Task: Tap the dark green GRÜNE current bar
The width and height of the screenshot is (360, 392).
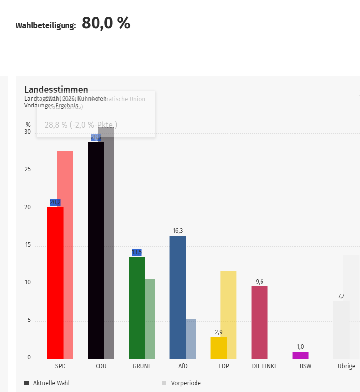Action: click(136, 308)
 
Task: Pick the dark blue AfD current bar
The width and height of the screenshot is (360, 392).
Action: click(177, 297)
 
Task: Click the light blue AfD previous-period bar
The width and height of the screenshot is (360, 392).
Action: click(191, 339)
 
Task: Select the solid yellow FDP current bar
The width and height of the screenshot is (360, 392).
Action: click(218, 348)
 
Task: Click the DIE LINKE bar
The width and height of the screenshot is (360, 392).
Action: click(259, 322)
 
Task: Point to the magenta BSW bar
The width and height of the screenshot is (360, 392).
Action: click(300, 355)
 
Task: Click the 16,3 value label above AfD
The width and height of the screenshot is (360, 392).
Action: click(178, 231)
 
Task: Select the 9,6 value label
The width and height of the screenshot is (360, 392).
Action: click(260, 282)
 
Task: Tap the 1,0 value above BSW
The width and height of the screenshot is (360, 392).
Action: click(300, 347)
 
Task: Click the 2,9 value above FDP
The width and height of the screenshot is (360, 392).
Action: click(219, 332)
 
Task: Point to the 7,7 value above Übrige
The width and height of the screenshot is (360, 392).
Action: click(341, 296)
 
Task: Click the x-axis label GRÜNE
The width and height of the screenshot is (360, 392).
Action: click(142, 366)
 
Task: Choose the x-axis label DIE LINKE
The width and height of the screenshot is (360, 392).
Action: click(264, 366)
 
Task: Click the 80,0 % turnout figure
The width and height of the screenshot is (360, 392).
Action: click(106, 23)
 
